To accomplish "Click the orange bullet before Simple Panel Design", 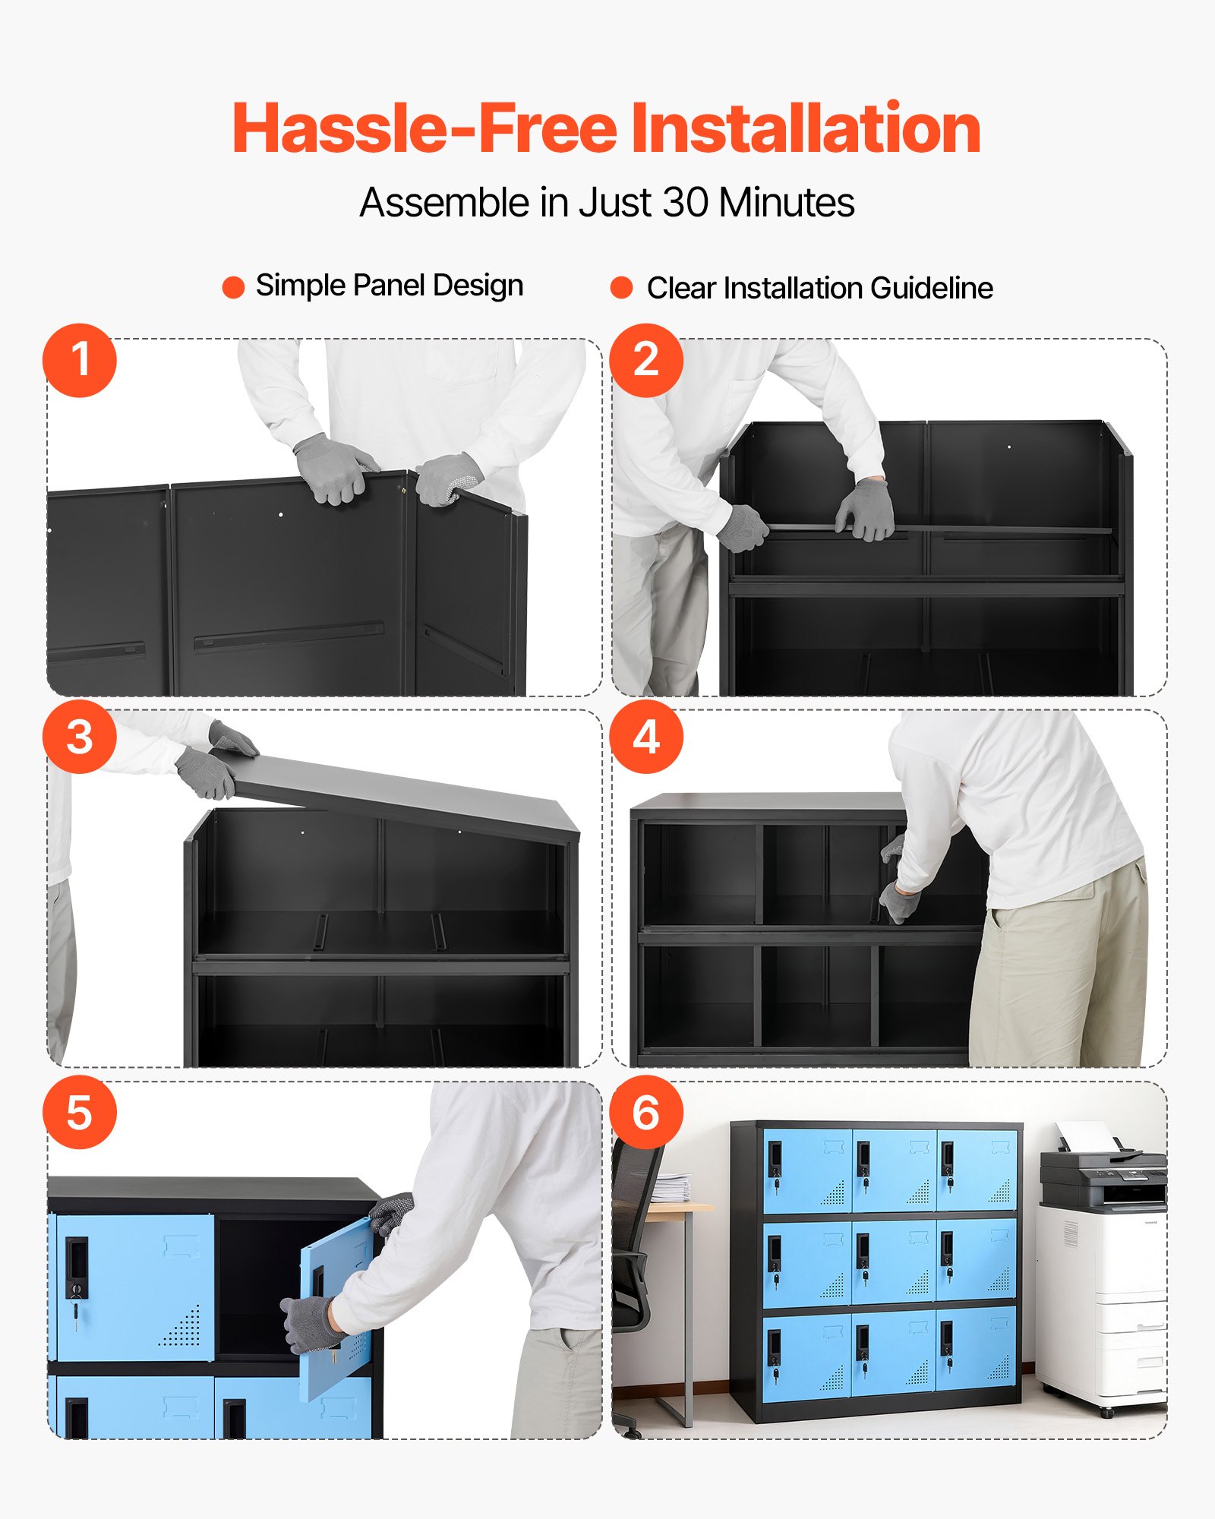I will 233,287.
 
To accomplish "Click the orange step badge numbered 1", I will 80,360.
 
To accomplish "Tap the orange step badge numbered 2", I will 646,360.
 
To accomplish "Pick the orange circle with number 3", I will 80,737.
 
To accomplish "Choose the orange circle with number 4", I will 646,737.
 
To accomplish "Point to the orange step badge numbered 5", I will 80,1113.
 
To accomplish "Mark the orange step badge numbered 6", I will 646,1113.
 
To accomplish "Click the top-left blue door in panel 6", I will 807,1170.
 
